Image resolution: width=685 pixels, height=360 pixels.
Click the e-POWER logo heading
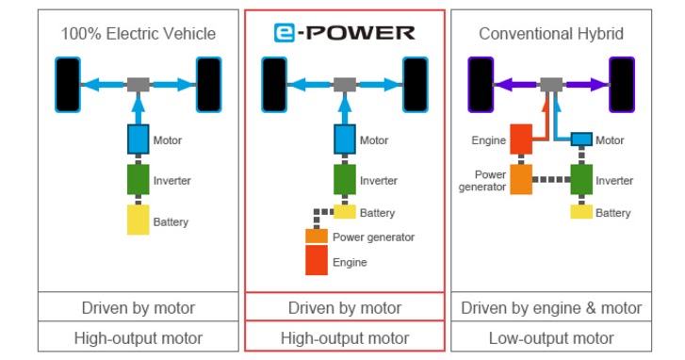click(345, 33)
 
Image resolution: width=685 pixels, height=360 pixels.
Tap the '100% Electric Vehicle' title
click(139, 34)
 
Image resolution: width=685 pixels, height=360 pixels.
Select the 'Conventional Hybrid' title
click(551, 34)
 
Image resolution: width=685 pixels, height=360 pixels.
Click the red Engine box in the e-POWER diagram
click(316, 261)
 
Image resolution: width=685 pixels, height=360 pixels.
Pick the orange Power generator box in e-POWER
click(316, 237)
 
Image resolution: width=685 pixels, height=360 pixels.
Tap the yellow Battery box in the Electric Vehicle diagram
click(139, 221)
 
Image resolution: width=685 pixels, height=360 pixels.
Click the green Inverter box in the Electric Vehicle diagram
click(139, 179)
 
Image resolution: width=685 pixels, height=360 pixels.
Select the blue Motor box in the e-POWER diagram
click(345, 139)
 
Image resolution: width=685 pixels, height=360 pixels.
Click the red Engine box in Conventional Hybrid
click(521, 139)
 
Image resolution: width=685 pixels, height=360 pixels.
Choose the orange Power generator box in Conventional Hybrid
click(521, 179)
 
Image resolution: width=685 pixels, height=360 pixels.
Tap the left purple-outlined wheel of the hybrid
click(481, 84)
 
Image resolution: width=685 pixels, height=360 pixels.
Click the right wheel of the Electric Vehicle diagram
click(208, 84)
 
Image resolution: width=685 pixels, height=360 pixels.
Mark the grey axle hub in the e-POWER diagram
click(345, 85)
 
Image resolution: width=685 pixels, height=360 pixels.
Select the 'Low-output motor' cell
click(551, 337)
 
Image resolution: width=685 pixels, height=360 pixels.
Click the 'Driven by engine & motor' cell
click(551, 307)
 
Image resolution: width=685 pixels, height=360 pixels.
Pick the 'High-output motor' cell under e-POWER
click(345, 337)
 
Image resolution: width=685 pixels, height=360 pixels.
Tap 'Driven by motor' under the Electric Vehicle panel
click(139, 307)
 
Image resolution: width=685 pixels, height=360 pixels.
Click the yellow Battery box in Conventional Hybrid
click(580, 212)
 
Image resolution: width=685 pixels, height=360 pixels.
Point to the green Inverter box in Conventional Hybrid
click(580, 179)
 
